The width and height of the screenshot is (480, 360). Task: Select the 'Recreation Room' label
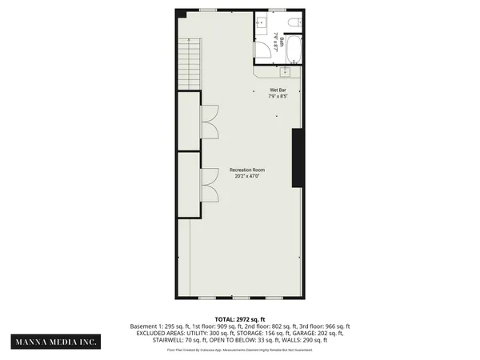point(246,170)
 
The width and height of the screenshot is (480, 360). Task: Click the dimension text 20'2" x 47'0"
point(246,177)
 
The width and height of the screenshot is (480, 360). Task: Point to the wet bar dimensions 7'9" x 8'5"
point(277,98)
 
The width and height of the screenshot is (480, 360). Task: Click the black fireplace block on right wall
point(298,157)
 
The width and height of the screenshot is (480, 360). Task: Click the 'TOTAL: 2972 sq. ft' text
point(239,319)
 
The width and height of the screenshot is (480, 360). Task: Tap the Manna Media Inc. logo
point(54,342)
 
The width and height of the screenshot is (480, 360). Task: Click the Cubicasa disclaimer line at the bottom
point(239,350)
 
